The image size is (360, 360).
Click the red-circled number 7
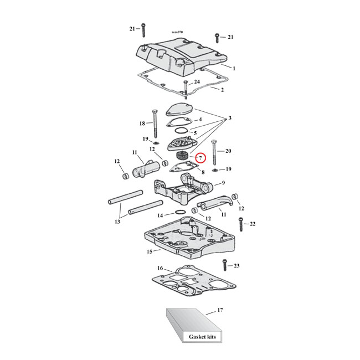(x=200, y=158)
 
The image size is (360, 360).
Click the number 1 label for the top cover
(x=234, y=68)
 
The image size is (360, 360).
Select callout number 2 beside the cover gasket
(x=222, y=90)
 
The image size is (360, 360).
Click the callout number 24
(x=197, y=81)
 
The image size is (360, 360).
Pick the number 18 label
(x=142, y=124)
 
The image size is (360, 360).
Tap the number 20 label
(x=228, y=151)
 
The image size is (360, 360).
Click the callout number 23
(x=236, y=266)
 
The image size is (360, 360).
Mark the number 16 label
(x=160, y=269)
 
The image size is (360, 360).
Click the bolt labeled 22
(x=241, y=224)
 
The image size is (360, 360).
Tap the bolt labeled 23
(x=225, y=266)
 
